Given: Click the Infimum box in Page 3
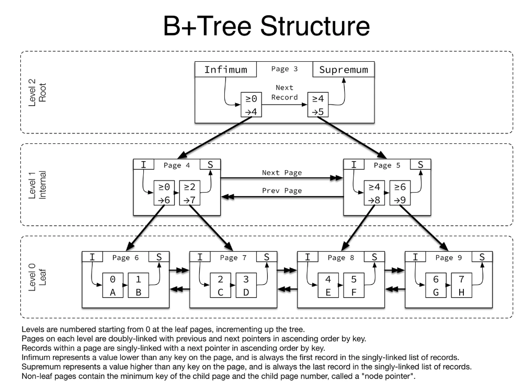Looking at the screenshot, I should point(226,70).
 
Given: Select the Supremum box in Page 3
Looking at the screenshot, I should point(344,70).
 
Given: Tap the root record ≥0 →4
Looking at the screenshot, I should point(251,105).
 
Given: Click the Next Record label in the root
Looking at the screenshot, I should point(284,93).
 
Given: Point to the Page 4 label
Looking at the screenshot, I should point(177,165).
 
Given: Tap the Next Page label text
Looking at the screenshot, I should point(282,172).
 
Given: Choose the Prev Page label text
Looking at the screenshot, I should point(282,191).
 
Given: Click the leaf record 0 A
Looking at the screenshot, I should point(112,286).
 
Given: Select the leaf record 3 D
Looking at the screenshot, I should point(245,286).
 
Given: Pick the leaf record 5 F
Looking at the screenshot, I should point(353,286).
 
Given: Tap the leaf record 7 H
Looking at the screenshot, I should point(461,286).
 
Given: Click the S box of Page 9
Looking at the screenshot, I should point(482,256).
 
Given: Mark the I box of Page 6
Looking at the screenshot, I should point(93,256).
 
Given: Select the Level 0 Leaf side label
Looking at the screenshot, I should point(37,278).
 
